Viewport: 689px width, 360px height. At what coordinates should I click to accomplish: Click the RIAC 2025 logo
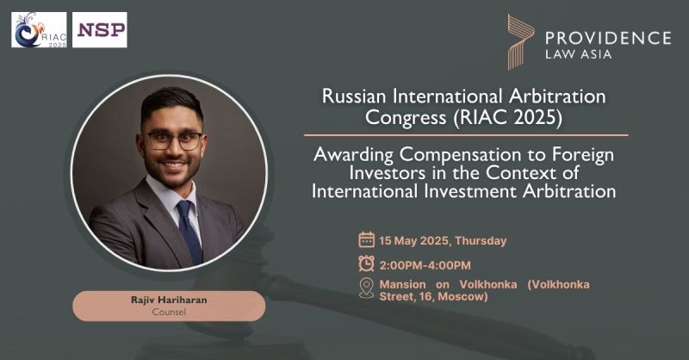39,30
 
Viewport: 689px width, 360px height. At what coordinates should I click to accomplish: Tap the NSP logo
100,30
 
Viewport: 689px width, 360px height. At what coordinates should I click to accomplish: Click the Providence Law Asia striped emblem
521,42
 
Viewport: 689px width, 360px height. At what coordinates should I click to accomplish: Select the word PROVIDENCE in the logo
608,38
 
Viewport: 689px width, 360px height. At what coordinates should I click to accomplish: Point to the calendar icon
367,240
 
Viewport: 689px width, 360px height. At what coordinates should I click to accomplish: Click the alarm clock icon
367,264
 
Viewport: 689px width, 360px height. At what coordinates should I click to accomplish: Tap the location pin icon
367,289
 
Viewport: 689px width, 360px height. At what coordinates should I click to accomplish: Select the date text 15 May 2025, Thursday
443,241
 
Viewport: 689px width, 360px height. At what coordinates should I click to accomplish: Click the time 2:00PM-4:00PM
425,265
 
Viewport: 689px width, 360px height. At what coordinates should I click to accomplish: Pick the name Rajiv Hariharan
169,300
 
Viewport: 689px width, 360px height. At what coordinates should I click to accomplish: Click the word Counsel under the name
169,312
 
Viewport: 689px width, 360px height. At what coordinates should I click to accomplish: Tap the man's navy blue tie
189,230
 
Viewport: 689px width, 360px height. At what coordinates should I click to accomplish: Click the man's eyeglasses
174,140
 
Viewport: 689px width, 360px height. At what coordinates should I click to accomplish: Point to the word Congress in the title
405,117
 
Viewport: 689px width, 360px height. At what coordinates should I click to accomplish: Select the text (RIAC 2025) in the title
506,117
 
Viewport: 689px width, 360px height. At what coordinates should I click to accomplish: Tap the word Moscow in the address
462,297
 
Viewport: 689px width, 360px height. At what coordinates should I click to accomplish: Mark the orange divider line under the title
466,135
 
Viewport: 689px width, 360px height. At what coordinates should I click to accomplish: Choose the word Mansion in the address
402,284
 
